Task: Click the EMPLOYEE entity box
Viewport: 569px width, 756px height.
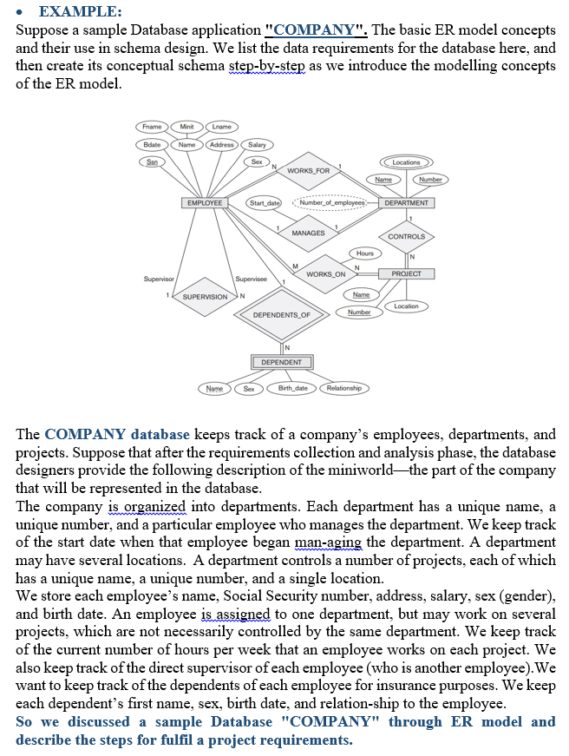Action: [x=203, y=203]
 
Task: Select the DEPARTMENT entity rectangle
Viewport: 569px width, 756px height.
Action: [x=406, y=203]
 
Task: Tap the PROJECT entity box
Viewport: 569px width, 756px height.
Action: [x=406, y=273]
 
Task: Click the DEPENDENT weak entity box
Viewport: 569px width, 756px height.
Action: [x=282, y=362]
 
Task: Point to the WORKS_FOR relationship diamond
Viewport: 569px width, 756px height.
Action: [x=308, y=171]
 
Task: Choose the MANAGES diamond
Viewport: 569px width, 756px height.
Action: [x=308, y=233]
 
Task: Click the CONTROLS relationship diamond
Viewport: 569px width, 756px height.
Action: [x=406, y=236]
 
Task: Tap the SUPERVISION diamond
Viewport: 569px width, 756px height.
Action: [x=205, y=297]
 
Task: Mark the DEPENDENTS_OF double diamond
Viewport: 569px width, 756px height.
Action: [x=282, y=314]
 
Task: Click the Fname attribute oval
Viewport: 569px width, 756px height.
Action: [x=152, y=127]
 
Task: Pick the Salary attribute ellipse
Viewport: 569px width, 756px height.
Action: [x=257, y=144]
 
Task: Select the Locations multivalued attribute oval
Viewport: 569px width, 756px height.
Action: [x=406, y=162]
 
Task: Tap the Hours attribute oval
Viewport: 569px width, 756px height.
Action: [x=365, y=253]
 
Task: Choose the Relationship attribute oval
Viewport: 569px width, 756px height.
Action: [x=343, y=388]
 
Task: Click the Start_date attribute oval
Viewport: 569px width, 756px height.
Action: [x=265, y=203]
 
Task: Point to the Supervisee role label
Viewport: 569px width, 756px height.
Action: [x=250, y=279]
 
